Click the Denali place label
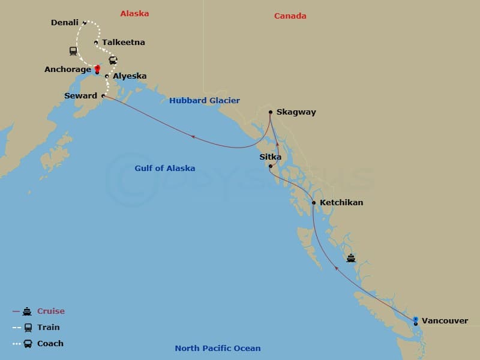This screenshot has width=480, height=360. tap(65, 23)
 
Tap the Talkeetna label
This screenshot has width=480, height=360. tap(124, 43)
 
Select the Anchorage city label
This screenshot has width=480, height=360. tap(68, 70)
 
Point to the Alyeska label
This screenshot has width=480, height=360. tap(130, 76)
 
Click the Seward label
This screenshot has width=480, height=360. tap(80, 96)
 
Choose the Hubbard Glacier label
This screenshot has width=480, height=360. tap(205, 101)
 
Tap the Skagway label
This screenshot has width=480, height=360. tap(296, 112)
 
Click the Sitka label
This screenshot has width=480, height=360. tap(270, 157)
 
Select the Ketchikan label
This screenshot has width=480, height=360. tap(341, 203)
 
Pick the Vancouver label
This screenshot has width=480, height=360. tap(445, 321)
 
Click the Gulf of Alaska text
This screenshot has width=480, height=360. tap(165, 169)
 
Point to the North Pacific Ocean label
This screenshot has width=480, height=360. tap(218, 349)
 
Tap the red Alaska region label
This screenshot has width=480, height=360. tap(134, 13)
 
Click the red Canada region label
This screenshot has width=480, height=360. tap(290, 16)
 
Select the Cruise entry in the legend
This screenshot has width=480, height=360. tap(51, 311)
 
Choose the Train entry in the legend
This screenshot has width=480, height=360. tap(49, 328)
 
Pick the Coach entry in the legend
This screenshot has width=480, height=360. tap(50, 344)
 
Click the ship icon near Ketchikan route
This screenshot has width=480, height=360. tap(351, 259)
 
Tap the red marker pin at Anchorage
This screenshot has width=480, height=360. tap(97, 68)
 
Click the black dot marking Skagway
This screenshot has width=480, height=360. tap(271, 112)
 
